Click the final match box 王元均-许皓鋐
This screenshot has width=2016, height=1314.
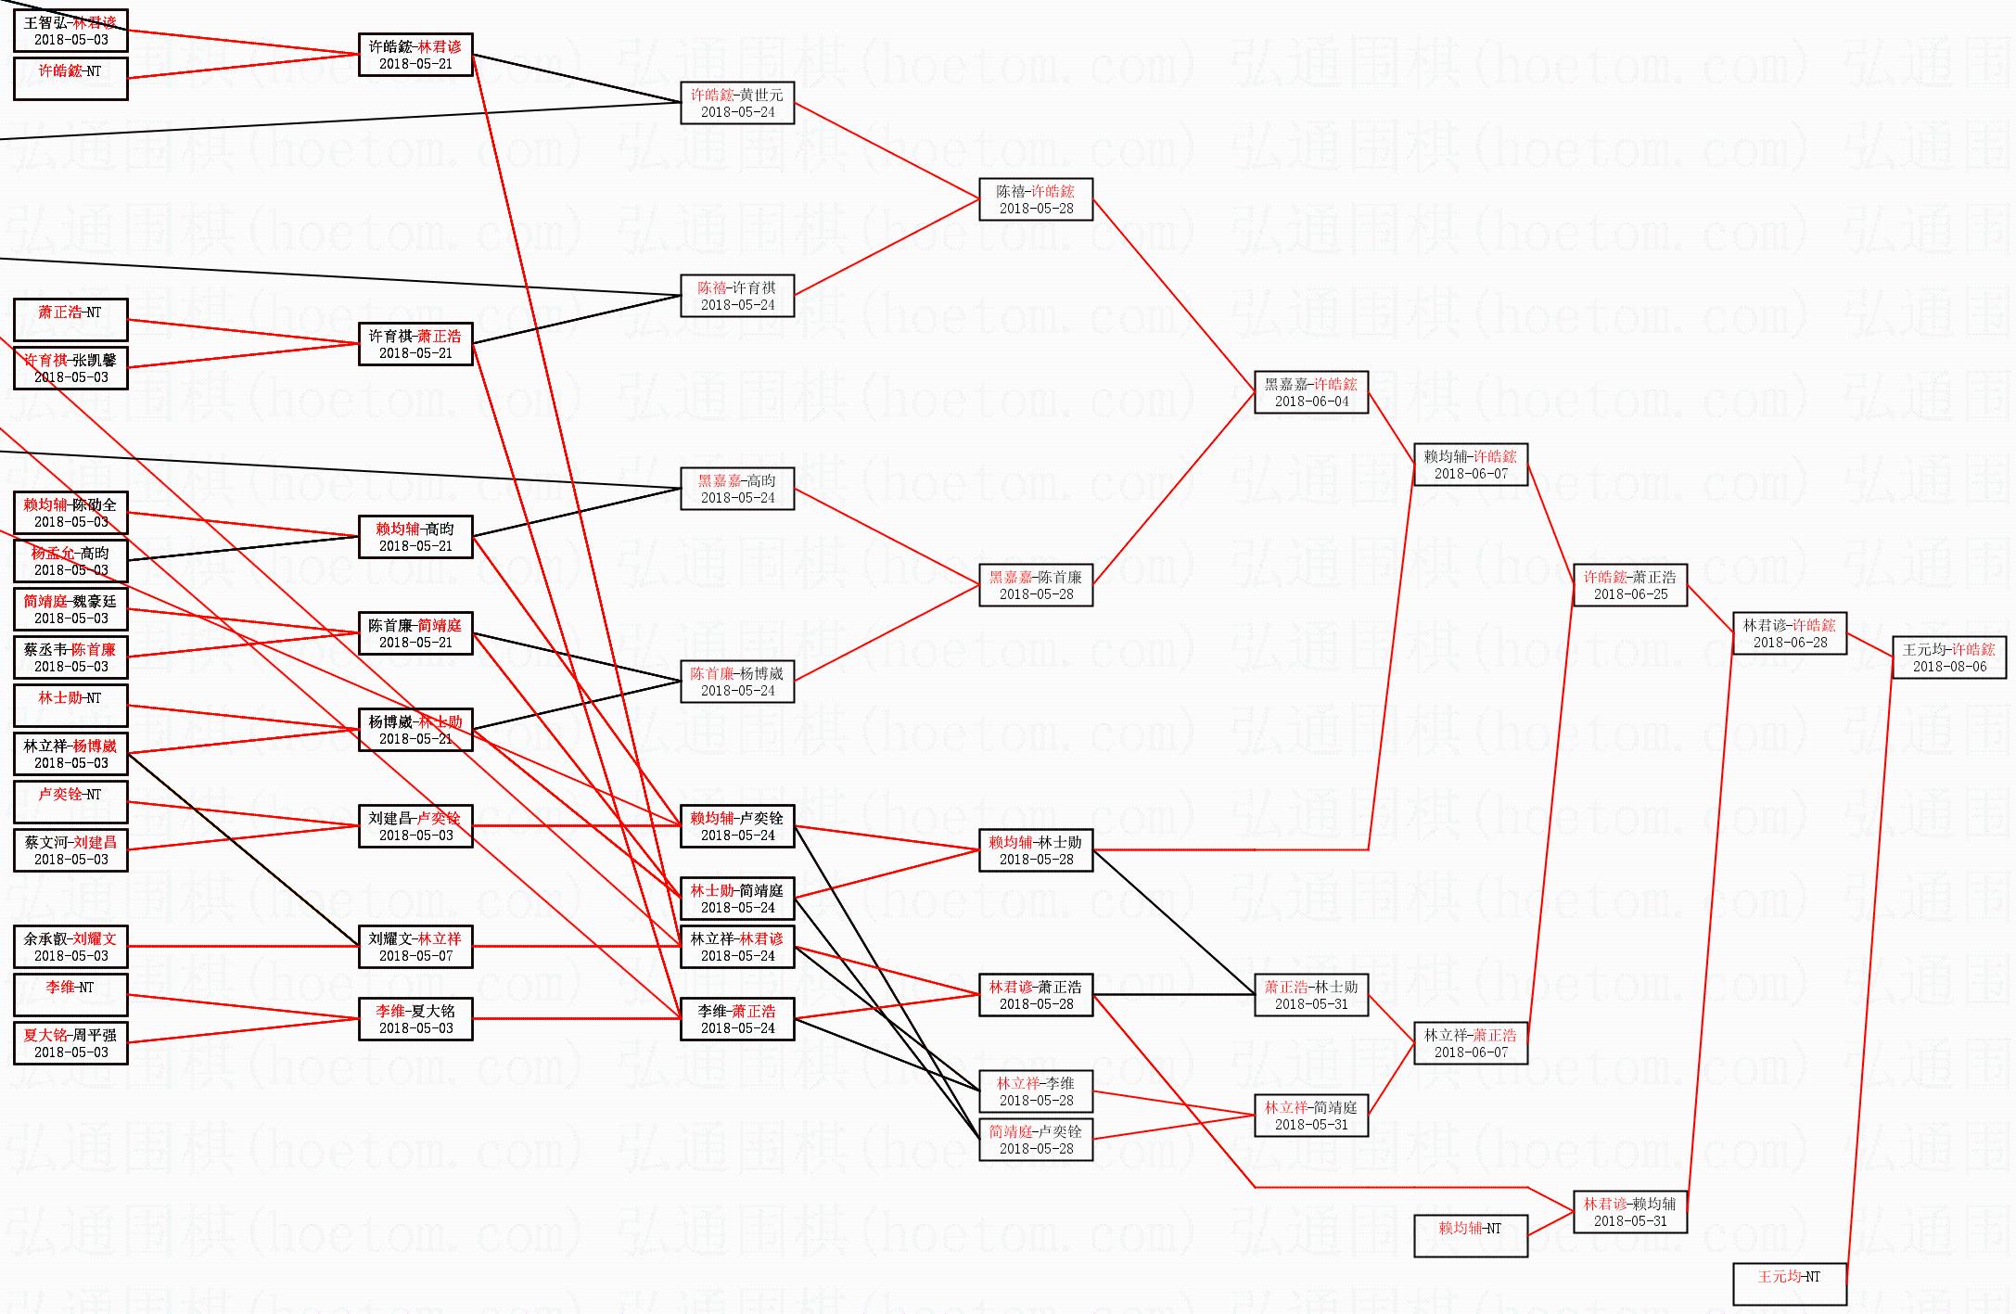1948,657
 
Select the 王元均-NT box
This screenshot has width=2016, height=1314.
1789,1283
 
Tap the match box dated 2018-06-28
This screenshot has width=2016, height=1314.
1789,633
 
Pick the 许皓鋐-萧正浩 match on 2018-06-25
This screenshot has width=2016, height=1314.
1629,585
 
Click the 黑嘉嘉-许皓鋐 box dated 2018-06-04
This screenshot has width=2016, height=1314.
1310,392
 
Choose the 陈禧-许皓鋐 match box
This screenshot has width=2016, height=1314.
1035,199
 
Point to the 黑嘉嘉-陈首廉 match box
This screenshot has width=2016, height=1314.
1035,585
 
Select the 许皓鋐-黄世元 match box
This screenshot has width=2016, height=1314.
737,103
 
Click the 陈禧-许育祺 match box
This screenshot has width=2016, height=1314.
737,296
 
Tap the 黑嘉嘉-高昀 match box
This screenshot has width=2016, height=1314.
737,489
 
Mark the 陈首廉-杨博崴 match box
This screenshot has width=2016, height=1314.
737,682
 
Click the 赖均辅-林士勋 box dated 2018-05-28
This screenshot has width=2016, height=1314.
1035,850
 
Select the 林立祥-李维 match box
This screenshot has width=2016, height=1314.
1035,1091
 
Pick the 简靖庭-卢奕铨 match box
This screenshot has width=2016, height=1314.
1035,1140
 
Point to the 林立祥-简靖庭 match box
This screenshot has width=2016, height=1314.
1310,1116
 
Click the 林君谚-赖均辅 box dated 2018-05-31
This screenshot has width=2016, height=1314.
1629,1212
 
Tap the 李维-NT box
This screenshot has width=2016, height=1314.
70,995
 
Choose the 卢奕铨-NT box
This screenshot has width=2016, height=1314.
70,802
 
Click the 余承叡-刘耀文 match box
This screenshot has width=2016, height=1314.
70,947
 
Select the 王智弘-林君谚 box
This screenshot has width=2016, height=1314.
70,31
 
